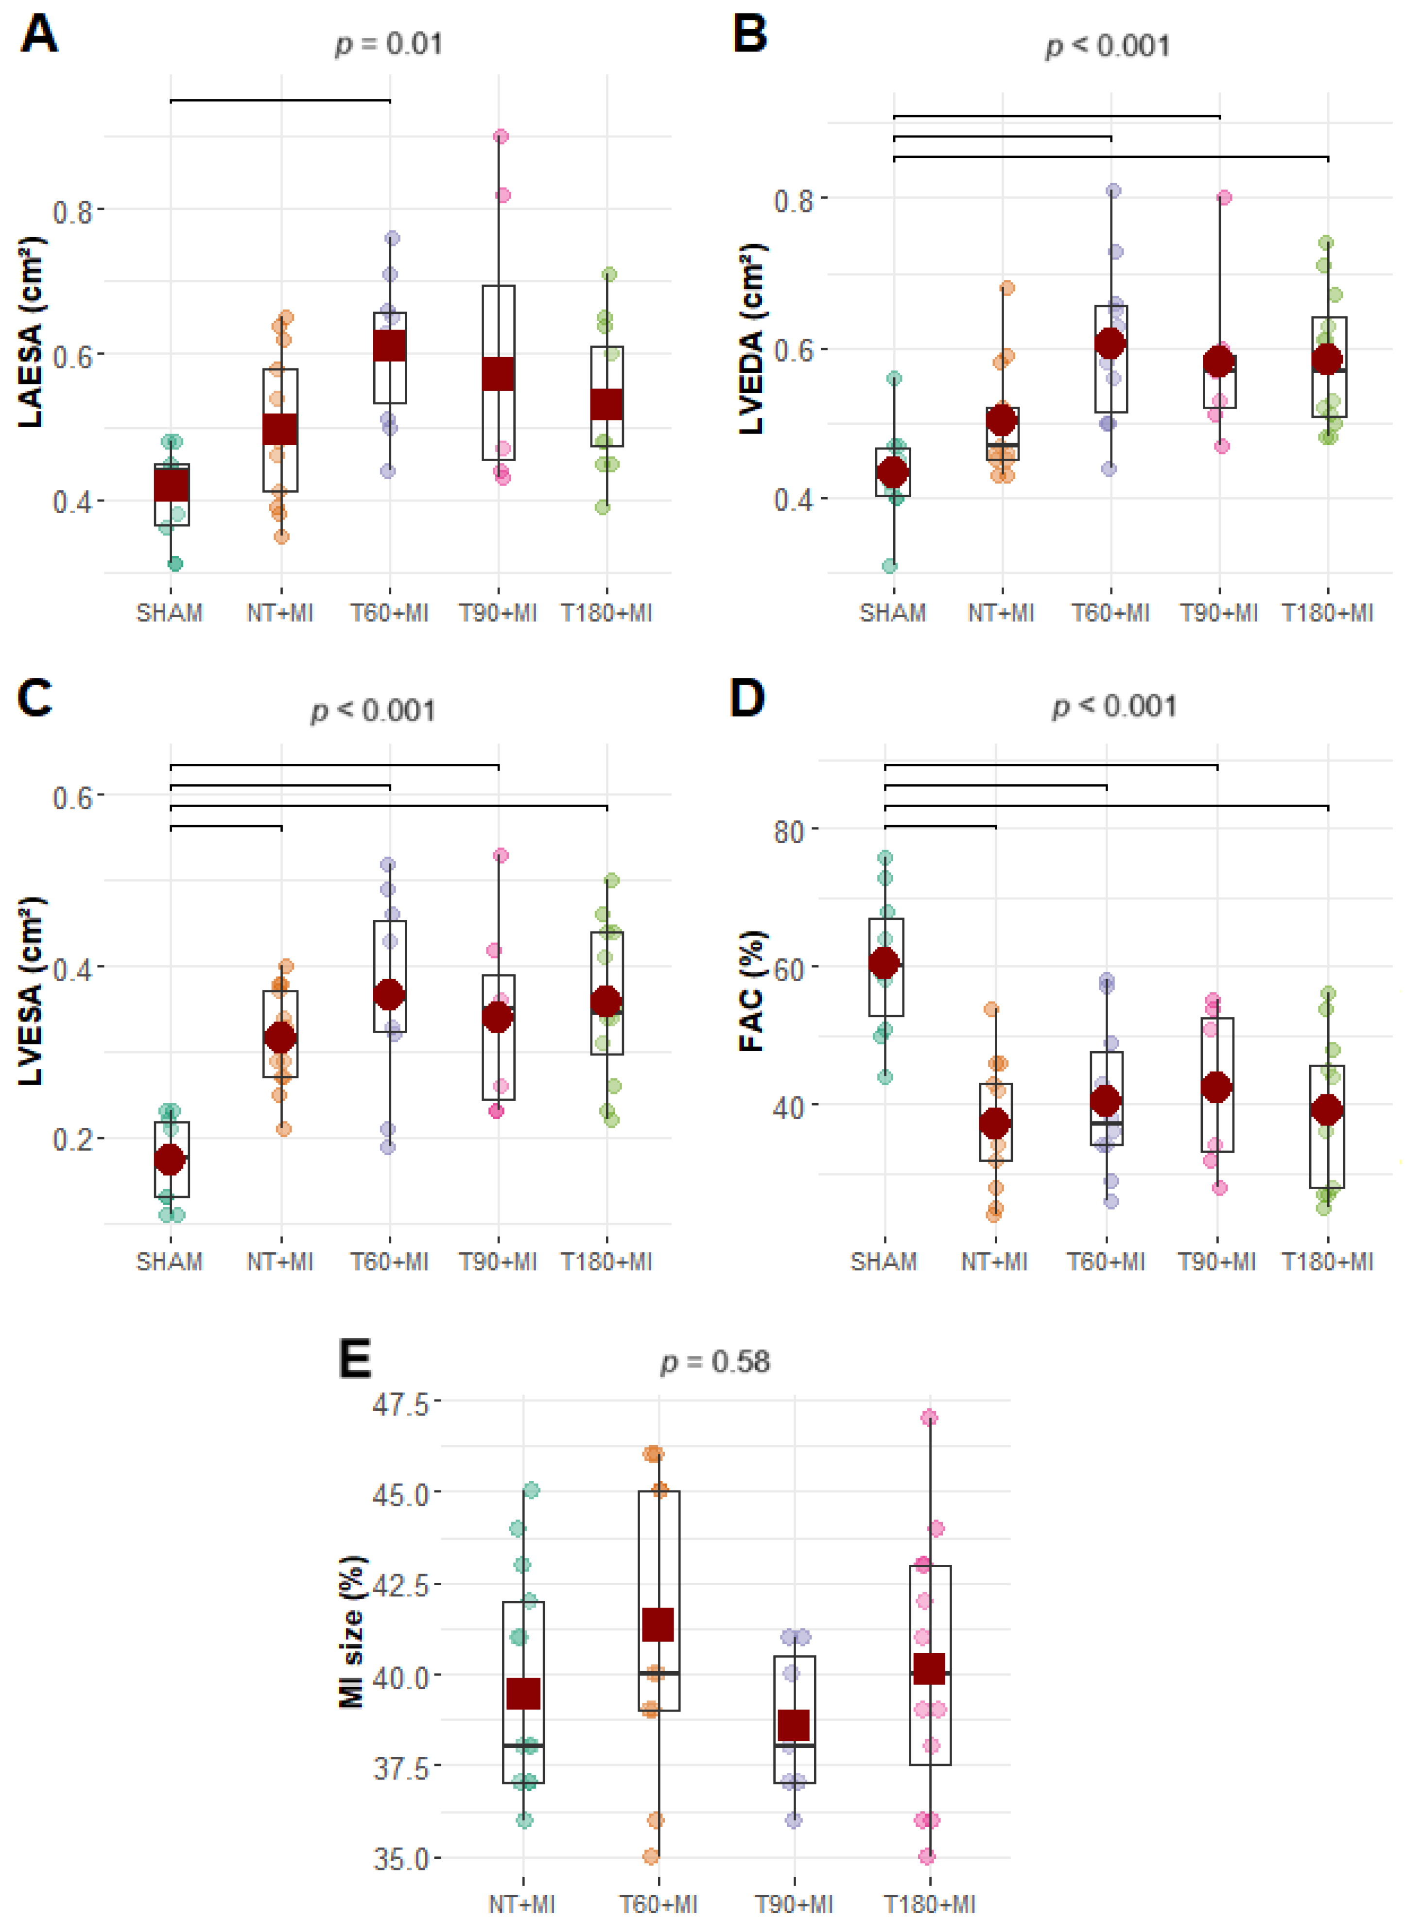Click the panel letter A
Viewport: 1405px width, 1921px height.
click(x=38, y=35)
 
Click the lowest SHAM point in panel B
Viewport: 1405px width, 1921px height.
click(x=889, y=566)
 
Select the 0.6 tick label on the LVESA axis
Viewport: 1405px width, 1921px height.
click(x=72, y=797)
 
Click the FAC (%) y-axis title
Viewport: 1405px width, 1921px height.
click(x=752, y=991)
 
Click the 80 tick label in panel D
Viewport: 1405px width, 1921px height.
click(x=788, y=831)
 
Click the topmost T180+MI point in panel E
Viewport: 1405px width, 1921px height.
click(x=930, y=1418)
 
